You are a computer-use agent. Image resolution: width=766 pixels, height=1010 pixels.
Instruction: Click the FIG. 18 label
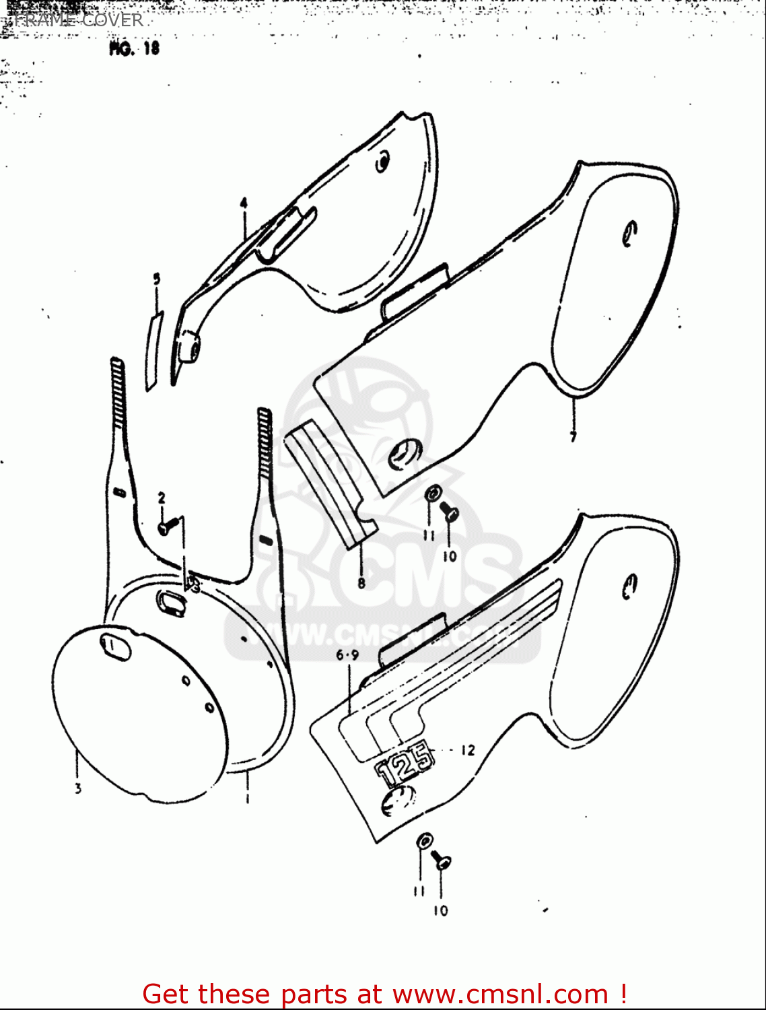coord(134,48)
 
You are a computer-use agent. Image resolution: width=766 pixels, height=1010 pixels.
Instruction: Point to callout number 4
coord(244,203)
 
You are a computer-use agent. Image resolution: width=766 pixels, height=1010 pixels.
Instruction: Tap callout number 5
coord(157,278)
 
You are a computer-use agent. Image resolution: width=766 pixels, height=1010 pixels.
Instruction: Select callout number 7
coord(573,437)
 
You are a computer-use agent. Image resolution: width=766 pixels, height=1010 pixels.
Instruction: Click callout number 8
coord(361,583)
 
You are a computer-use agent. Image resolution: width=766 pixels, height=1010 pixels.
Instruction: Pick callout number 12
coord(468,750)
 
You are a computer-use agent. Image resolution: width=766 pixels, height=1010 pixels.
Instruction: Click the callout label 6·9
coord(348,654)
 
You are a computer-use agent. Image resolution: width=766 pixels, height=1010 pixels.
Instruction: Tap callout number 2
coord(162,498)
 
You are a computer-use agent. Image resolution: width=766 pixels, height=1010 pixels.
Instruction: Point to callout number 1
coord(247,799)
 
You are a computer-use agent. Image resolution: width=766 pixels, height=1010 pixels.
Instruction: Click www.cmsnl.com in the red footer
coord(500,994)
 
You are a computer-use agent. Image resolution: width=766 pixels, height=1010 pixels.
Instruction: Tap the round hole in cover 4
coord(382,162)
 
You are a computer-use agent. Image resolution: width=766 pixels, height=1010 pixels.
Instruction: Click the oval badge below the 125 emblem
coord(396,801)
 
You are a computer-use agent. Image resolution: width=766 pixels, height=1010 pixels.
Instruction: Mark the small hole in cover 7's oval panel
coord(630,232)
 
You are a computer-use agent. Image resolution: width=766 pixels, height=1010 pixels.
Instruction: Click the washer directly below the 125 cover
coord(424,840)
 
